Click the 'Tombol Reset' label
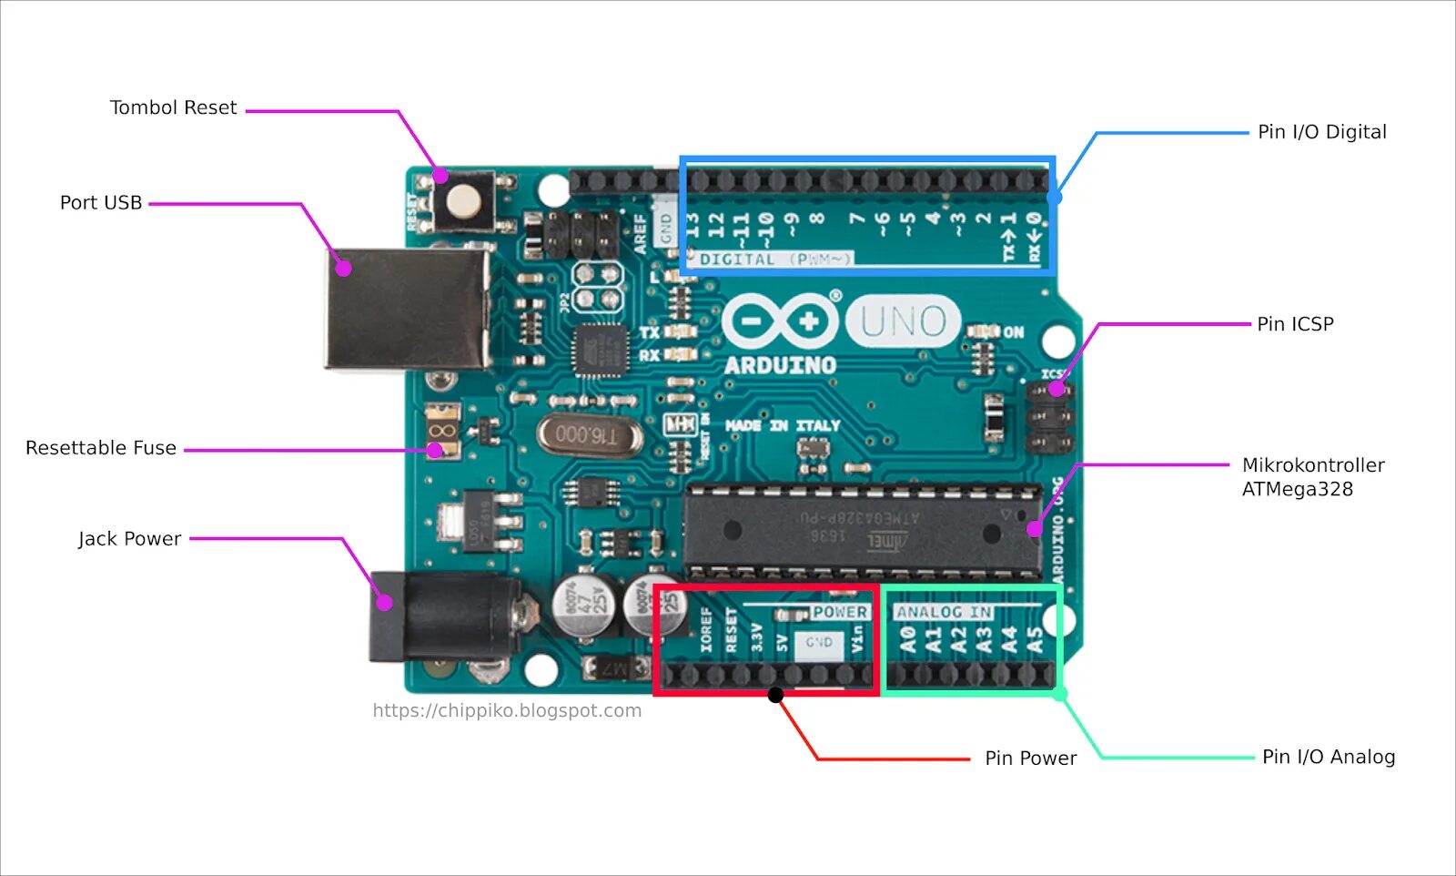pyautogui.click(x=173, y=107)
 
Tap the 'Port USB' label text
pyautogui.click(x=101, y=203)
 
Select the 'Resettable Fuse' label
pyautogui.click(x=101, y=448)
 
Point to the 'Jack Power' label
pyautogui.click(x=129, y=539)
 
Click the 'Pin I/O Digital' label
pyautogui.click(x=1321, y=132)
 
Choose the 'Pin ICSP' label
pyautogui.click(x=1295, y=324)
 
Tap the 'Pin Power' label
pyautogui.click(x=1030, y=759)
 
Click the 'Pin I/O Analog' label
pyautogui.click(x=1328, y=757)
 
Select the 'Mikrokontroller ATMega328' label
pyautogui.click(x=1312, y=477)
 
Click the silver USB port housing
pyautogui.click(x=407, y=309)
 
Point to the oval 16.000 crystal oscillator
pyautogui.click(x=589, y=435)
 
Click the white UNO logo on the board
pyautogui.click(x=903, y=321)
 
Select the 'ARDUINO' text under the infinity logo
pyautogui.click(x=780, y=366)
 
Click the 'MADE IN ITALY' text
pyautogui.click(x=783, y=425)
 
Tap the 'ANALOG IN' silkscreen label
pyautogui.click(x=944, y=612)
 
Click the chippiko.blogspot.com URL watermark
pyautogui.click(x=507, y=710)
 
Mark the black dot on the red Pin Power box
pyautogui.click(x=775, y=695)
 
